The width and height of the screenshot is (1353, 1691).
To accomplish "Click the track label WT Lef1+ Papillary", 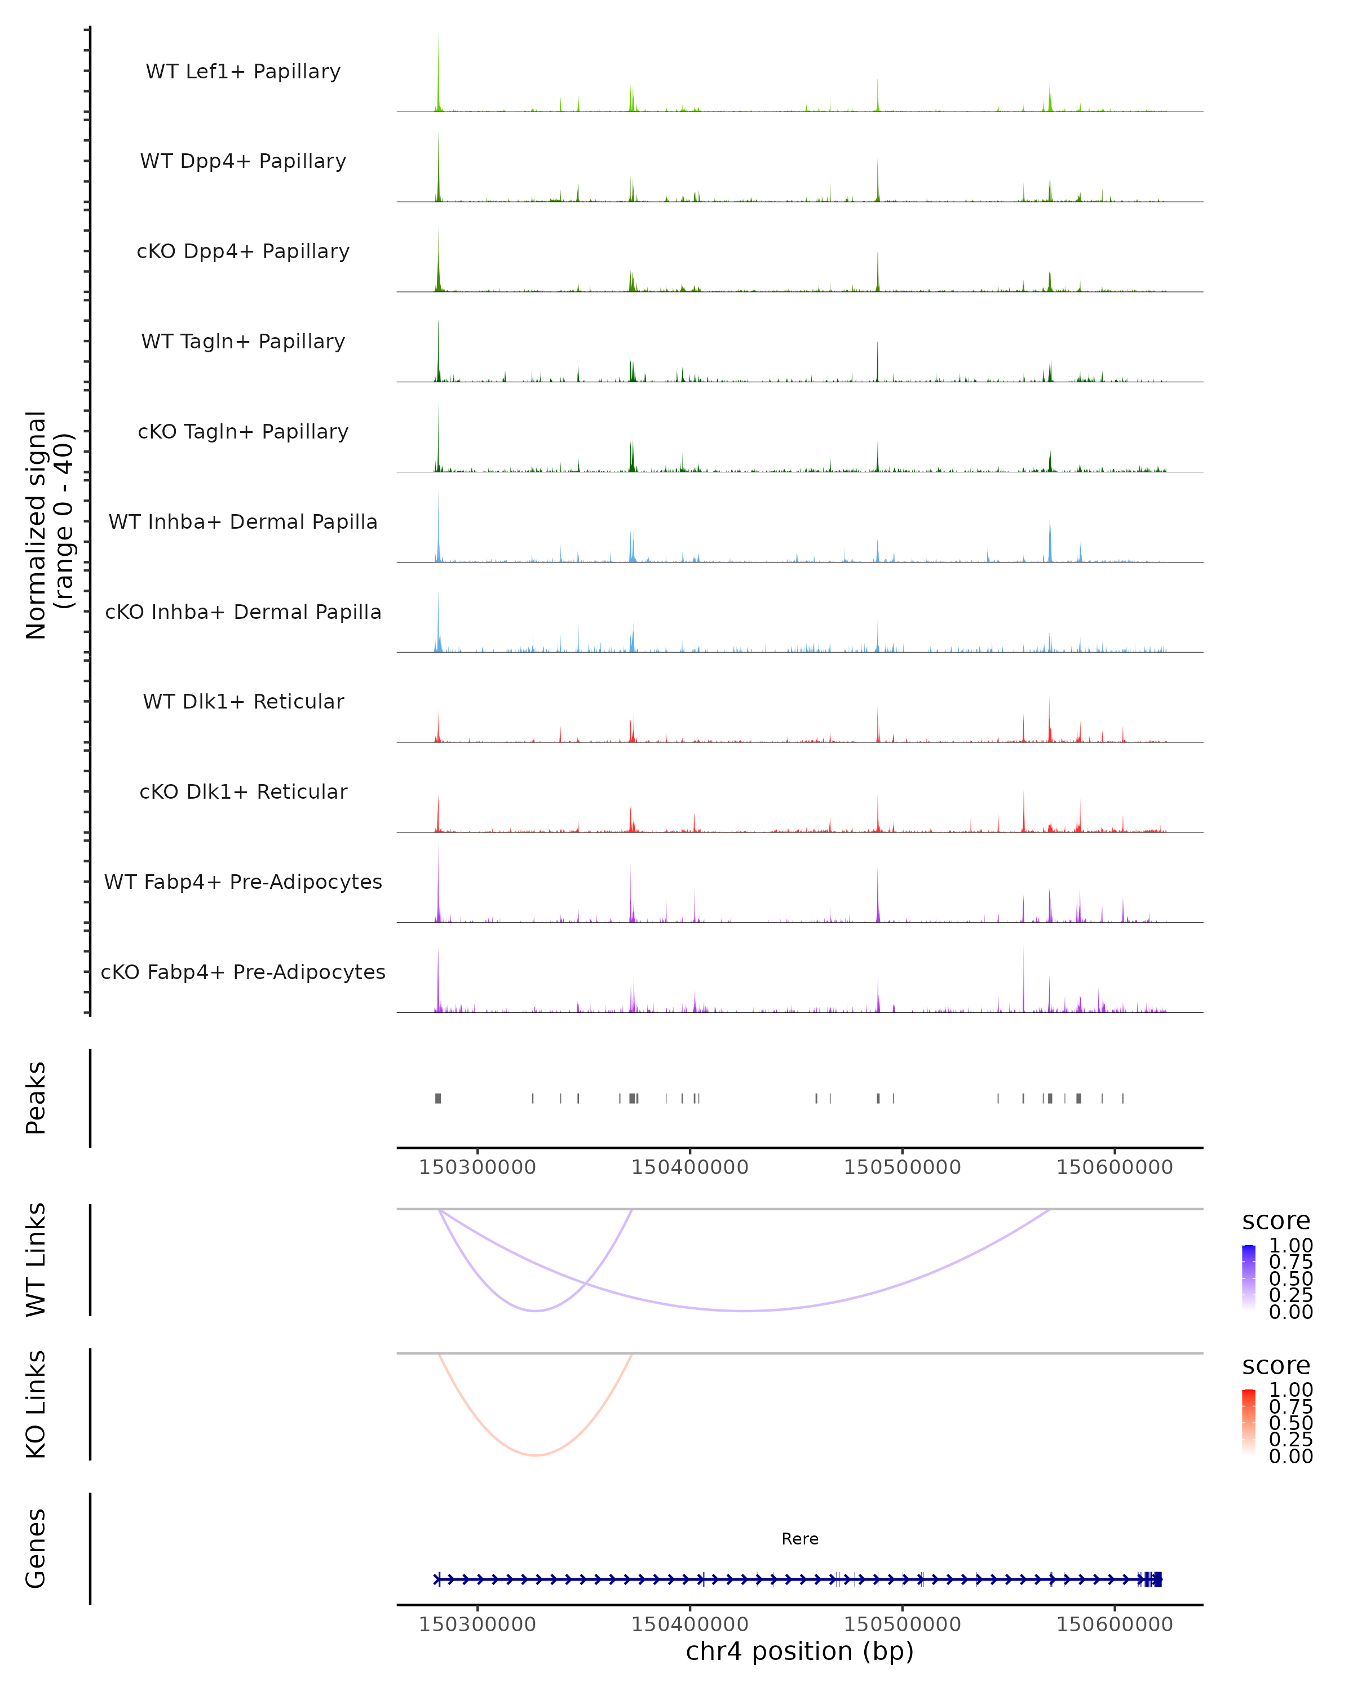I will (243, 72).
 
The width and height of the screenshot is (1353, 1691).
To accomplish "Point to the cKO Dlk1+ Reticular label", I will (243, 791).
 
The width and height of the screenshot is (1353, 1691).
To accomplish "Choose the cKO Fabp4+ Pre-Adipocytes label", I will (243, 972).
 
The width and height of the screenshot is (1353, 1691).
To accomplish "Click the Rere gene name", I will (799, 1539).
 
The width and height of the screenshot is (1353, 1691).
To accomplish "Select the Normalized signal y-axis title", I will (48, 525).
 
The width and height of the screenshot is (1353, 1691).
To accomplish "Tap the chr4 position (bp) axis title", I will (799, 1651).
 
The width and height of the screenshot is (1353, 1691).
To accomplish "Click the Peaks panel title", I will (36, 1098).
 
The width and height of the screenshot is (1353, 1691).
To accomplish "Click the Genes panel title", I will (36, 1548).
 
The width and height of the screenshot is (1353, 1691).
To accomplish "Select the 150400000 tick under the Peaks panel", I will (689, 1167).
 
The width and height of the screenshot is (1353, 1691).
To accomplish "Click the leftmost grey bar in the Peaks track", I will (439, 1098).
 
